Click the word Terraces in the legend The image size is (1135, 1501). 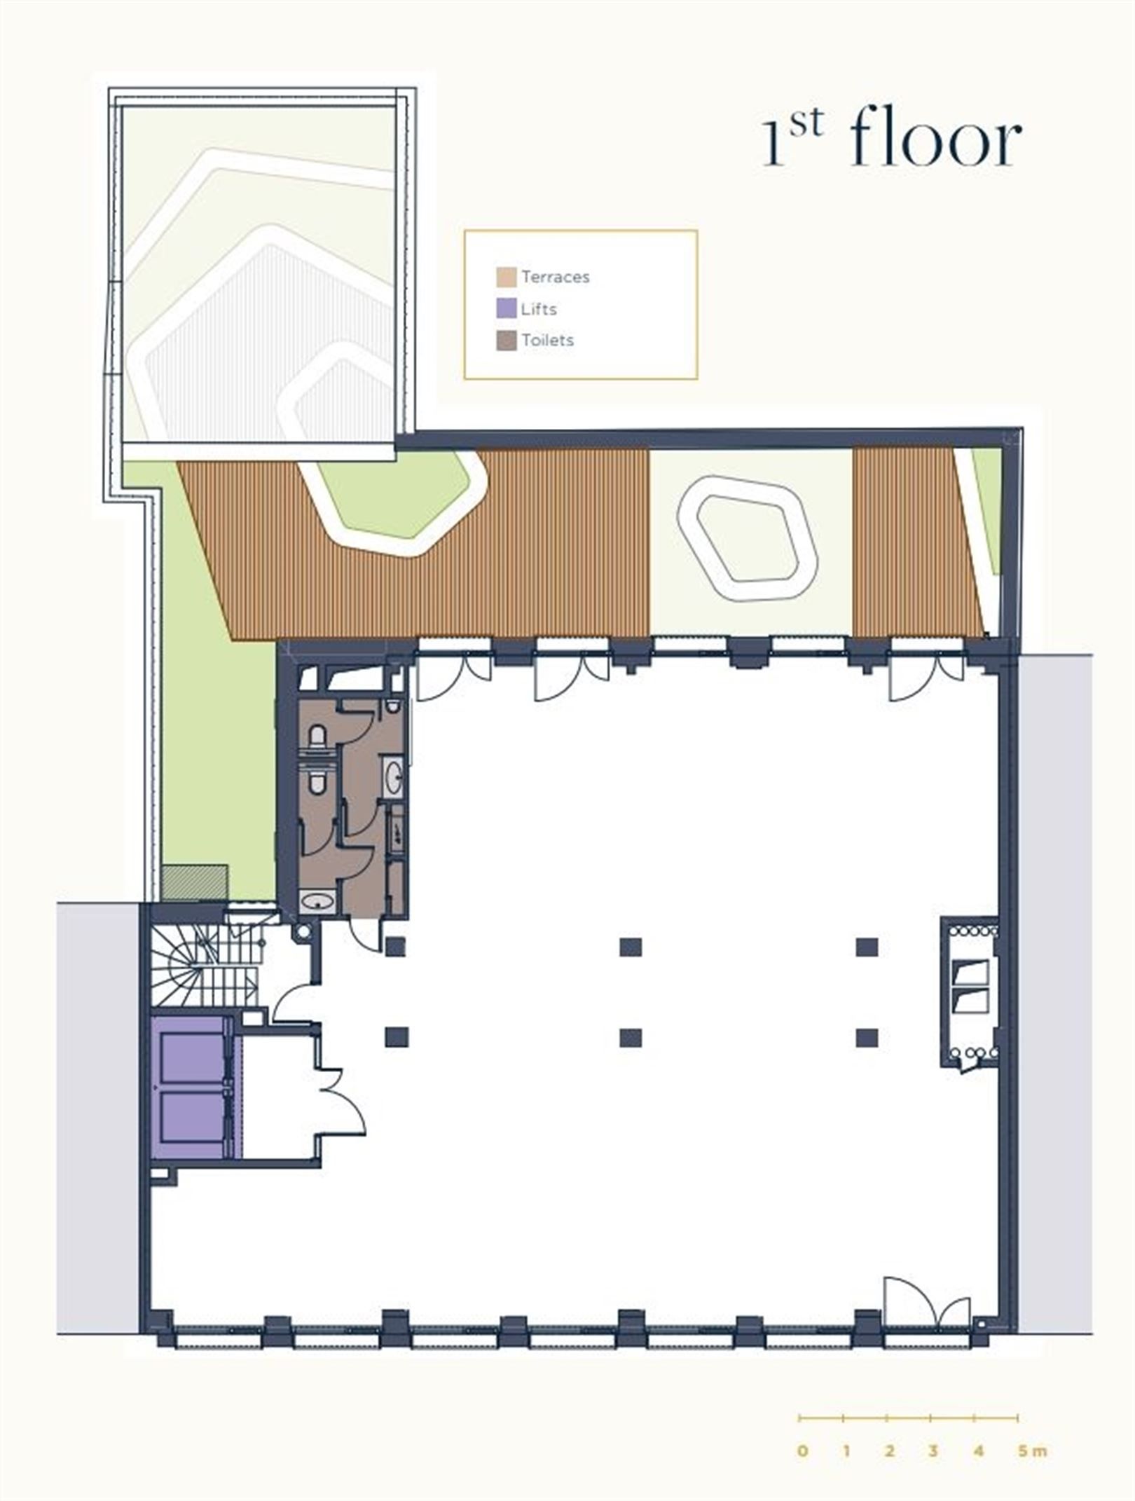(555, 277)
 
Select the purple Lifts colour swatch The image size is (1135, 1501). (506, 309)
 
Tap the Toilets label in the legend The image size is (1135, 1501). (547, 341)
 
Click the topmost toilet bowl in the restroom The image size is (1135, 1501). (317, 736)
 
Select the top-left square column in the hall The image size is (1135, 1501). (395, 947)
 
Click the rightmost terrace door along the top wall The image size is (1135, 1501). (926, 676)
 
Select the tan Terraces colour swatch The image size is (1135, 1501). (506, 277)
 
